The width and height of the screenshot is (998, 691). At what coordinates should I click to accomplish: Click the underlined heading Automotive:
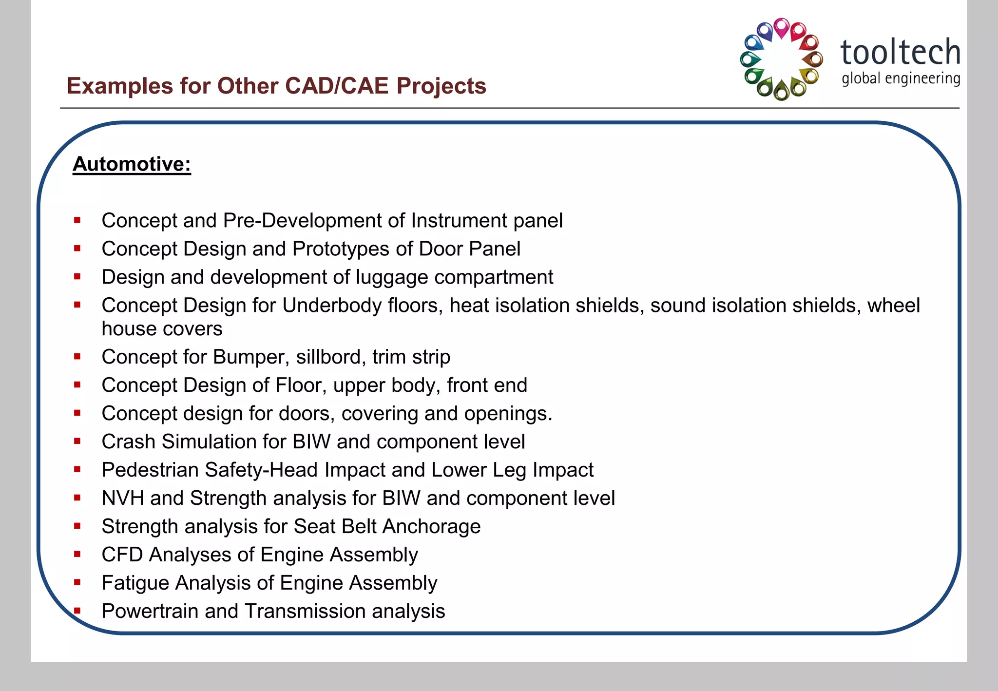point(132,164)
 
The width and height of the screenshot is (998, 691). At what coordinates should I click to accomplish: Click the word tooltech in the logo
point(900,53)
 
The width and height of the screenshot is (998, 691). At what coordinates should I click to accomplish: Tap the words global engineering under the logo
point(901,78)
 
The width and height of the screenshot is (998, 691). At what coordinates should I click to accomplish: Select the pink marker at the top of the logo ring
point(781,27)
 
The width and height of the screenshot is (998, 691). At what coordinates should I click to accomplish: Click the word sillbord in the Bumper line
point(331,357)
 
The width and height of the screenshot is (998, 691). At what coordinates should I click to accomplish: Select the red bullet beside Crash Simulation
point(77,441)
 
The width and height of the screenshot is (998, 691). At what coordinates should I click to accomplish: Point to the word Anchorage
point(431,527)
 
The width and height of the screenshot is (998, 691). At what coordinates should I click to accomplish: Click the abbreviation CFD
point(122,555)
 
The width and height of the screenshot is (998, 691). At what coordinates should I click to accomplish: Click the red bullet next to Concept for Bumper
point(77,357)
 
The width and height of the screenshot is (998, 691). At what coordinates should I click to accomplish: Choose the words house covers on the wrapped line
point(162,329)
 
